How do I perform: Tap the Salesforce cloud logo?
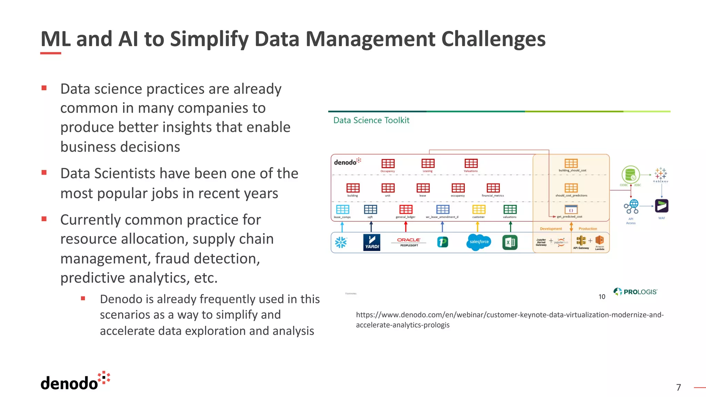[479, 242]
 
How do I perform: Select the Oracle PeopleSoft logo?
[409, 242]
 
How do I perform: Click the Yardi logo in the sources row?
[372, 242]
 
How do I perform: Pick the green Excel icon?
[510, 242]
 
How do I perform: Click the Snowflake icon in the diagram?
[341, 242]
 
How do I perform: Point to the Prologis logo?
[635, 292]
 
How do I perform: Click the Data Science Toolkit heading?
[371, 120]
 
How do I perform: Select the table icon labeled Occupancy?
[388, 163]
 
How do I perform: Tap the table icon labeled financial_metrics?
[493, 188]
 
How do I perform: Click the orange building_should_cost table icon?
[571, 163]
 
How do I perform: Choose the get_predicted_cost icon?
[571, 210]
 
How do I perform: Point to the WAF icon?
[662, 206]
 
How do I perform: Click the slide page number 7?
[678, 387]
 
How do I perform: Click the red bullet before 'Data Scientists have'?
[44, 173]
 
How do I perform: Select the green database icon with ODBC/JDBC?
[631, 174]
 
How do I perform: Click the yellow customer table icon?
[478, 210]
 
